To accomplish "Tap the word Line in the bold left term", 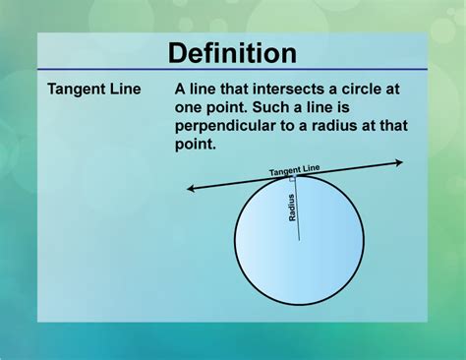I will (x=125, y=90).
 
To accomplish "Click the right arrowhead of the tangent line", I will (x=399, y=162).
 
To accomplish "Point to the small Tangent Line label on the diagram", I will (x=294, y=170).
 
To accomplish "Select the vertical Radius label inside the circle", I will (x=292, y=207).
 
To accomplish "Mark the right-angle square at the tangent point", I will (x=293, y=179).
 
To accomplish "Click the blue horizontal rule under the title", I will (x=232, y=70).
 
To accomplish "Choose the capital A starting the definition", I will (x=181, y=90).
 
